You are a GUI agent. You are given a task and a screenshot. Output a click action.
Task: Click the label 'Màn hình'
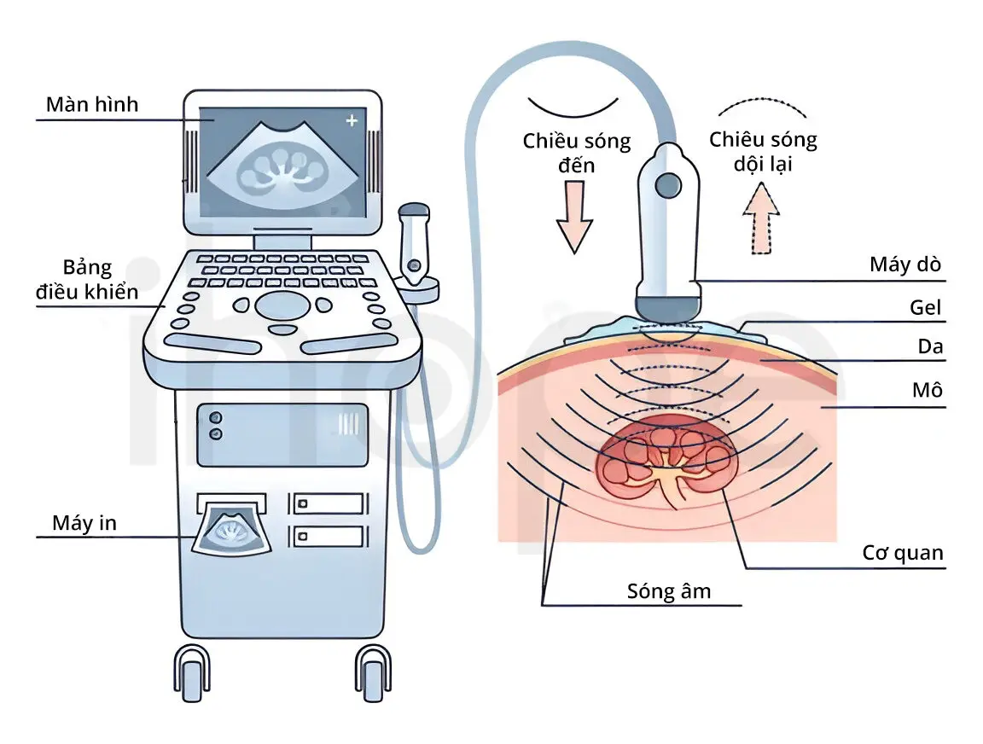coord(91,106)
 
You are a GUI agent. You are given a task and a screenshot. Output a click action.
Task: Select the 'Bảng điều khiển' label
coord(87,279)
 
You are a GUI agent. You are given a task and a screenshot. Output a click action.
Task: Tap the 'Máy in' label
coord(84,523)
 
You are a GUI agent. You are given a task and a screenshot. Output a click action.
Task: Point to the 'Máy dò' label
coord(905,264)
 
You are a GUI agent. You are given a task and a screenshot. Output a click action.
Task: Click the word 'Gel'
coord(925,307)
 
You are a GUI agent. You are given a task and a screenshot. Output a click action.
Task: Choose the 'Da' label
coord(931,347)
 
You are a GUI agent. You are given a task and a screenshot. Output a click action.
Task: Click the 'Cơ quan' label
coord(903,553)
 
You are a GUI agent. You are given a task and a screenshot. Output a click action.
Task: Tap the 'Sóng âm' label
coord(669,591)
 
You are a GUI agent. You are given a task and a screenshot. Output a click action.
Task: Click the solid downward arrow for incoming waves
coord(574,219)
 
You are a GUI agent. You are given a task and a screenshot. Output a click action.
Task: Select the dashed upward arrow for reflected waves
coord(762,219)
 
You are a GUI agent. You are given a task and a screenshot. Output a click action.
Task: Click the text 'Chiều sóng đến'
coord(577,153)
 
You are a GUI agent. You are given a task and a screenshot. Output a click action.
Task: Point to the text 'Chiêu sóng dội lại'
coord(763,151)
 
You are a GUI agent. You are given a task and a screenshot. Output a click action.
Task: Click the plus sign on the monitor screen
coord(351,121)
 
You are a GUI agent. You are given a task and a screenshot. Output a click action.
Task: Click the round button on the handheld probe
coord(668,183)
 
